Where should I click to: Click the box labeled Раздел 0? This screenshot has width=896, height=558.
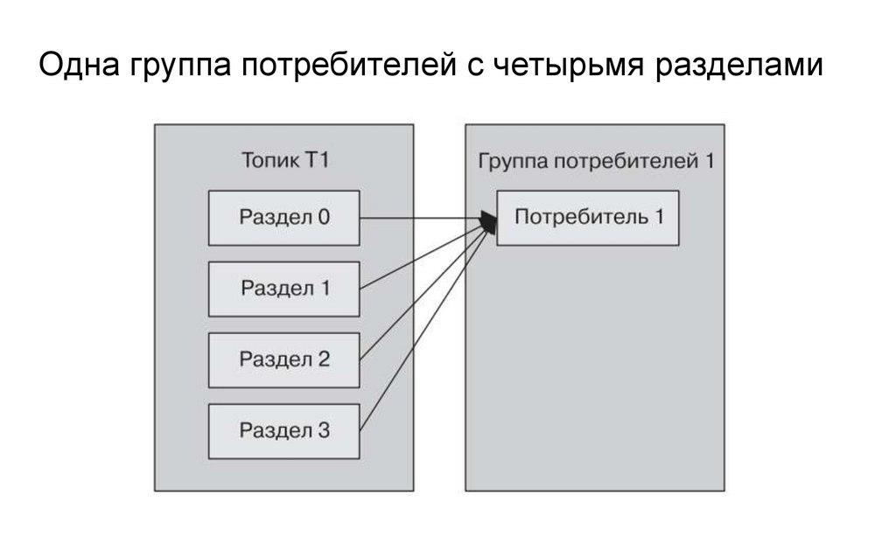(283, 218)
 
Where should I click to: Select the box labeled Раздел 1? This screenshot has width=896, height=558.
(283, 289)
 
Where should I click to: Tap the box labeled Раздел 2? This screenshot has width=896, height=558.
(283, 359)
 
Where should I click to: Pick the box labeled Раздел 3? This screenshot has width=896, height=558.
(283, 430)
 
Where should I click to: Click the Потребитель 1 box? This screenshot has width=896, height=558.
(588, 218)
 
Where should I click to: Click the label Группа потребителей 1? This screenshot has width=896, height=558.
(596, 162)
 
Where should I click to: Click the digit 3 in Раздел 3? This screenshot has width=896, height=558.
(324, 430)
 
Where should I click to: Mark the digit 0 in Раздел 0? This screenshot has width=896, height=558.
(324, 218)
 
